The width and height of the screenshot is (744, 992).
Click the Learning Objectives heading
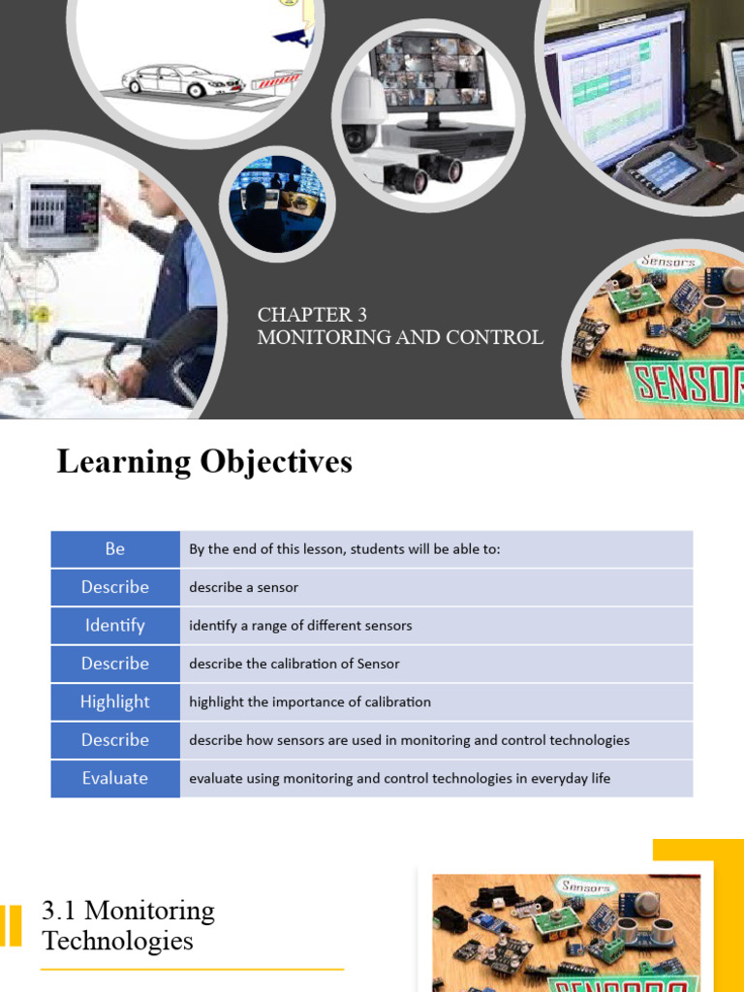coord(204,462)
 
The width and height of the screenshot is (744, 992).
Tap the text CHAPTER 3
coord(305,315)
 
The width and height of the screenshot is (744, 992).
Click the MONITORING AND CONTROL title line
coord(399,337)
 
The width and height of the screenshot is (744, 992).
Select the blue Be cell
coord(115,549)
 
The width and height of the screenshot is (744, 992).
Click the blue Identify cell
coord(115,626)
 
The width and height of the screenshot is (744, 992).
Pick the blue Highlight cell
coord(115,702)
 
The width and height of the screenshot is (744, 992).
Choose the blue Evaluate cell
coord(115,779)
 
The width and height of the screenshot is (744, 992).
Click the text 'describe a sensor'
coord(243,588)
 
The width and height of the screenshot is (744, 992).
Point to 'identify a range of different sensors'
coord(300,626)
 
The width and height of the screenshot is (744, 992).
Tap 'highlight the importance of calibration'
coord(310,702)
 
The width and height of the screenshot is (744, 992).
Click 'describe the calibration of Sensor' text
coord(294,665)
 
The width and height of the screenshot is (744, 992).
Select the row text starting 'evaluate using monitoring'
coord(399,779)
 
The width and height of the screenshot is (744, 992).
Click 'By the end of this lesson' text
coord(344,549)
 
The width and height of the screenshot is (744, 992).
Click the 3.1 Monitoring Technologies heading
coord(128,925)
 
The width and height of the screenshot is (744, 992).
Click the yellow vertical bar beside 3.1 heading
coord(12,925)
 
